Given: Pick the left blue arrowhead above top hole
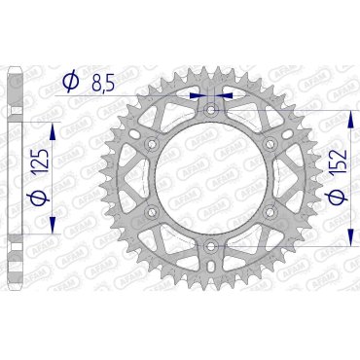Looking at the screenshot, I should [x=200, y=95].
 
